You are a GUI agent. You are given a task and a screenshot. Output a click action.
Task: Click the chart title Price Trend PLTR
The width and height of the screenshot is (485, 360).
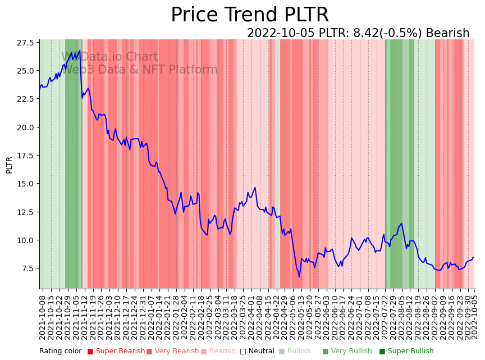coord(249,15)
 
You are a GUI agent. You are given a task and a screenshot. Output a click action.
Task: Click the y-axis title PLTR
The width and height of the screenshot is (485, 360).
coord(9,165)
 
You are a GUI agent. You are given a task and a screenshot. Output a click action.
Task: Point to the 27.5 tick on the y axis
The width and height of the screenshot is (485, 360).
coord(25,43)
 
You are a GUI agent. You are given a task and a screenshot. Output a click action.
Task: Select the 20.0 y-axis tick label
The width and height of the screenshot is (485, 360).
coord(25,127)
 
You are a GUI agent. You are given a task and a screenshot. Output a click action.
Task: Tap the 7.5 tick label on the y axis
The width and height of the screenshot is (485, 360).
coord(27,268)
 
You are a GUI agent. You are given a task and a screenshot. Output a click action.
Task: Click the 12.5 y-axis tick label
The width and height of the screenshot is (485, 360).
coord(25,212)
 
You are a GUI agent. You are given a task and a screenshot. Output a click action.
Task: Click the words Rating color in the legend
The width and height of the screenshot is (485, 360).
coord(60,351)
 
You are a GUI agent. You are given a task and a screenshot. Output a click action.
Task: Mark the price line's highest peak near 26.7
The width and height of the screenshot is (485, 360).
coord(80,51)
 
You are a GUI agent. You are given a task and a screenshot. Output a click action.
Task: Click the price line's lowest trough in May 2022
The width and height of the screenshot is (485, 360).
coord(299,277)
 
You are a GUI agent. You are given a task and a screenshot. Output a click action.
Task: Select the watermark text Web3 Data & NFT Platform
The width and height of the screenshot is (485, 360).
coord(139,70)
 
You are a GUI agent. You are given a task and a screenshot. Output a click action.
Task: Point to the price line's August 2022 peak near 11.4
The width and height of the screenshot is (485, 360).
coord(401,224)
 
